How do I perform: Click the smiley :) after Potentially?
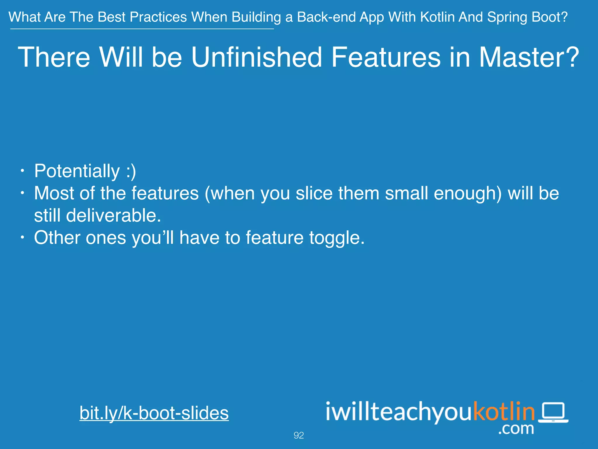(x=131, y=171)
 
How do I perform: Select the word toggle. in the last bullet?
(x=337, y=238)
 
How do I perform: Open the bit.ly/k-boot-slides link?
(x=154, y=413)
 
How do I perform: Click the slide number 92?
(x=299, y=435)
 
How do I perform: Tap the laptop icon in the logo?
(x=553, y=412)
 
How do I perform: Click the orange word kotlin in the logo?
(x=504, y=411)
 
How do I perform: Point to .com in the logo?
(x=516, y=429)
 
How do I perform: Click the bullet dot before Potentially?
(x=22, y=171)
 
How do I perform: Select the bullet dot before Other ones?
(x=22, y=237)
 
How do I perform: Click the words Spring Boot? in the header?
(x=527, y=17)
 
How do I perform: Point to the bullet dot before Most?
(x=22, y=193)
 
